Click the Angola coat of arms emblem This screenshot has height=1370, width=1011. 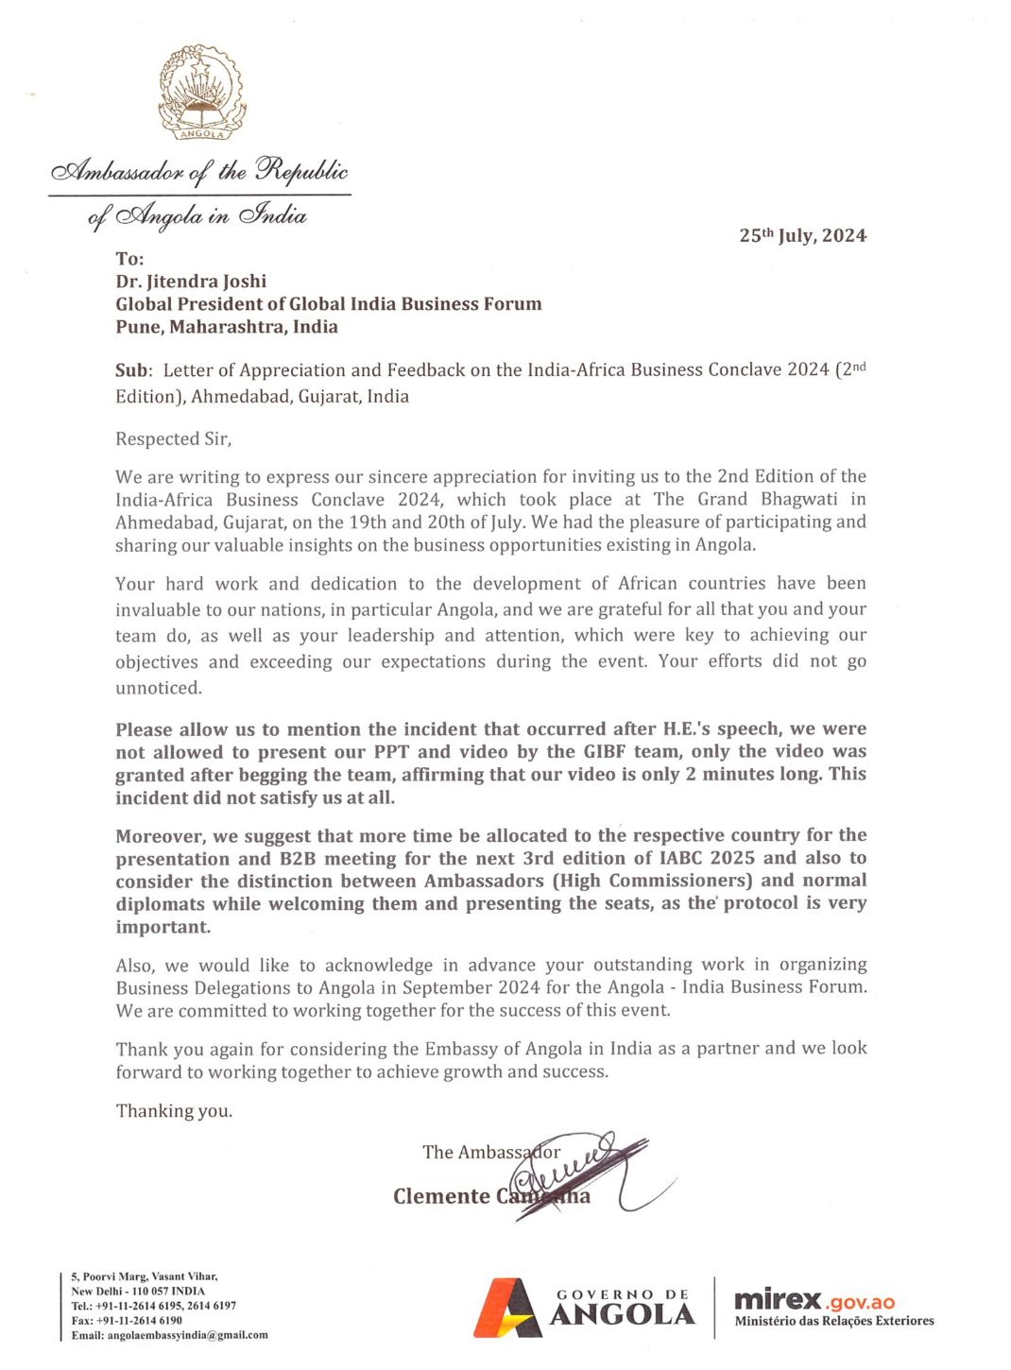(x=201, y=93)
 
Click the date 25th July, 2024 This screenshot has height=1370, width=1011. (x=802, y=235)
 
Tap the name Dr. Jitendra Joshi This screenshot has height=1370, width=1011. (x=191, y=281)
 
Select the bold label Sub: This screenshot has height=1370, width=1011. (x=133, y=370)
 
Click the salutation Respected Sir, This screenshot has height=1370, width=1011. (x=173, y=438)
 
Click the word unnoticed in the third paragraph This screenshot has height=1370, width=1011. (x=158, y=688)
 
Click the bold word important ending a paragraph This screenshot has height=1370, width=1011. (x=163, y=927)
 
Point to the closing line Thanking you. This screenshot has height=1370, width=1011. (x=174, y=1110)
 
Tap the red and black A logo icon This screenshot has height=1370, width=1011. (x=507, y=1308)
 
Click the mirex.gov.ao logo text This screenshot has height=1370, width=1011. (x=814, y=1300)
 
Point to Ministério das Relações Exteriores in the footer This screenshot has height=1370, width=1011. (x=834, y=1321)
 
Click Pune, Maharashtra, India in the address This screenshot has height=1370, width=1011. (x=227, y=327)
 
